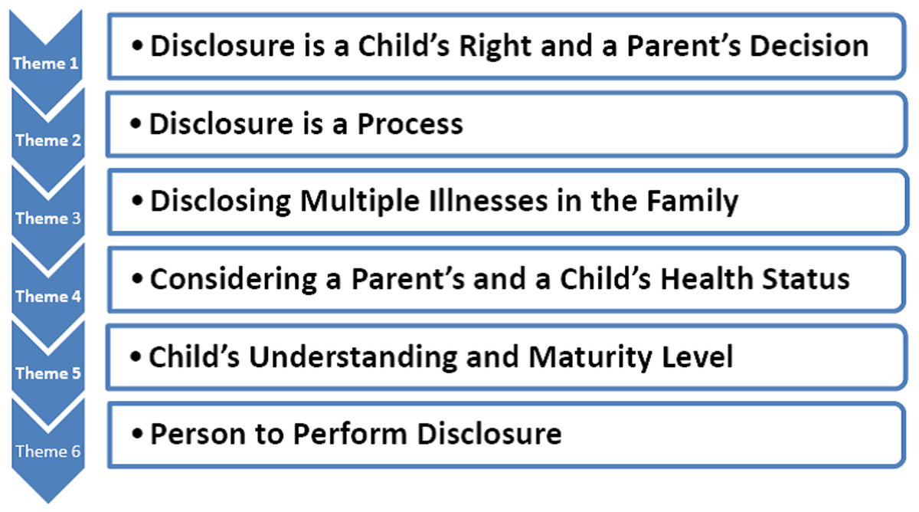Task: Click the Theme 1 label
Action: click(45, 63)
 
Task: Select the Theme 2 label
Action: click(48, 140)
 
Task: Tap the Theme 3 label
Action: click(48, 218)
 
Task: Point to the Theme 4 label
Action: click(48, 296)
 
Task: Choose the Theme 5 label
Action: click(48, 373)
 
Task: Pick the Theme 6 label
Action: click(48, 451)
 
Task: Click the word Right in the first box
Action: click(495, 47)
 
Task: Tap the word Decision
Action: click(809, 45)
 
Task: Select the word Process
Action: click(410, 123)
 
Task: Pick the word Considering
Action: click(234, 280)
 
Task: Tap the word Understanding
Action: click(353, 357)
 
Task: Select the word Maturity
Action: click(590, 357)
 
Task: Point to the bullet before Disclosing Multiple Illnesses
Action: click(137, 201)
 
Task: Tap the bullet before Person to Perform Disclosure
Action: click(137, 434)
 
